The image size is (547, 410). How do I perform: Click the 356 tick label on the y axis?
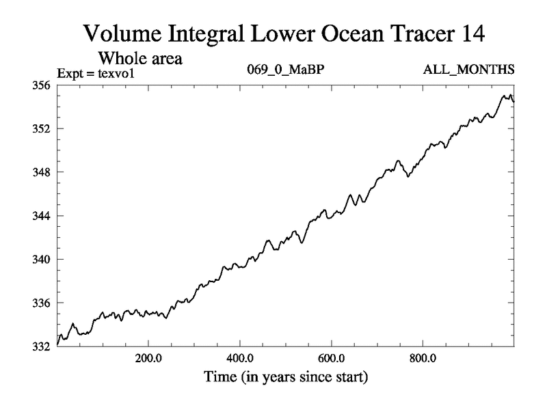pos(42,85)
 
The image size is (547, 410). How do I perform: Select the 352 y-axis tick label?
pos(42,129)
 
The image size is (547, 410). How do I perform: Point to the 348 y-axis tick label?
pos(42,172)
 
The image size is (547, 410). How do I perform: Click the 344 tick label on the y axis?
pos(42,216)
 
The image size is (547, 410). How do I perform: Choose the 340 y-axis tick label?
pos(42,260)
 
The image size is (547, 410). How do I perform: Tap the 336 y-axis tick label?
pos(42,303)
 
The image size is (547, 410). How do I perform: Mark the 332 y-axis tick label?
pos(42,346)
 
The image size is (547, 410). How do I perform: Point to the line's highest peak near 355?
pos(510,95)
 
